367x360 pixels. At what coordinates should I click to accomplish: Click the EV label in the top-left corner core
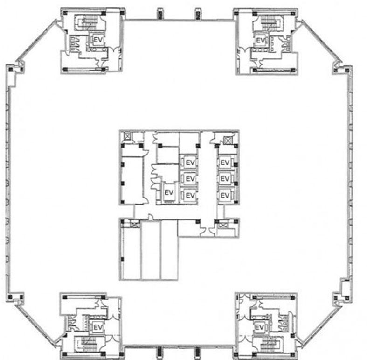click(98, 40)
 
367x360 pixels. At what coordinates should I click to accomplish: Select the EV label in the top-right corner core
click(261, 41)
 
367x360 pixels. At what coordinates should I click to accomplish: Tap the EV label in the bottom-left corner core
click(98, 327)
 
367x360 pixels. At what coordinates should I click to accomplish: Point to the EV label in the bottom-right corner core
click(259, 327)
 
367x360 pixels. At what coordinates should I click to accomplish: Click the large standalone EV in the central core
click(169, 192)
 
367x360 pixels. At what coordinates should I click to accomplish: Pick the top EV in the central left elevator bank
click(190, 162)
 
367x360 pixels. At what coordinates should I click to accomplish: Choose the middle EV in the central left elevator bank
click(190, 178)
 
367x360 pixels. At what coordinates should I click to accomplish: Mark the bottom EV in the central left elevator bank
click(190, 195)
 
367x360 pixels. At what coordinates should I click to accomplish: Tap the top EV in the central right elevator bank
click(225, 162)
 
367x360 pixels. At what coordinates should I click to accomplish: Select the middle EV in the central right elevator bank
click(225, 178)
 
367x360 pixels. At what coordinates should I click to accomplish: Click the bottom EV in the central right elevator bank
click(225, 195)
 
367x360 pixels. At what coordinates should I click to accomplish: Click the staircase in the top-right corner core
click(269, 23)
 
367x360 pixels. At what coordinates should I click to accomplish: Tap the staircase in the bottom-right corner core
click(269, 344)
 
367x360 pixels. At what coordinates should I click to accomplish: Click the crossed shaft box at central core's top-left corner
click(127, 136)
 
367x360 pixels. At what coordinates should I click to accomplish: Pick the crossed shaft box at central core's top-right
click(227, 140)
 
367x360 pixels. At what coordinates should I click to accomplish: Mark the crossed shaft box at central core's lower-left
click(135, 224)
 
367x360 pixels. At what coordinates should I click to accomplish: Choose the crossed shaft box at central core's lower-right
click(223, 225)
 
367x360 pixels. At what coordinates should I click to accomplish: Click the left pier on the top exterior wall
click(160, 14)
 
